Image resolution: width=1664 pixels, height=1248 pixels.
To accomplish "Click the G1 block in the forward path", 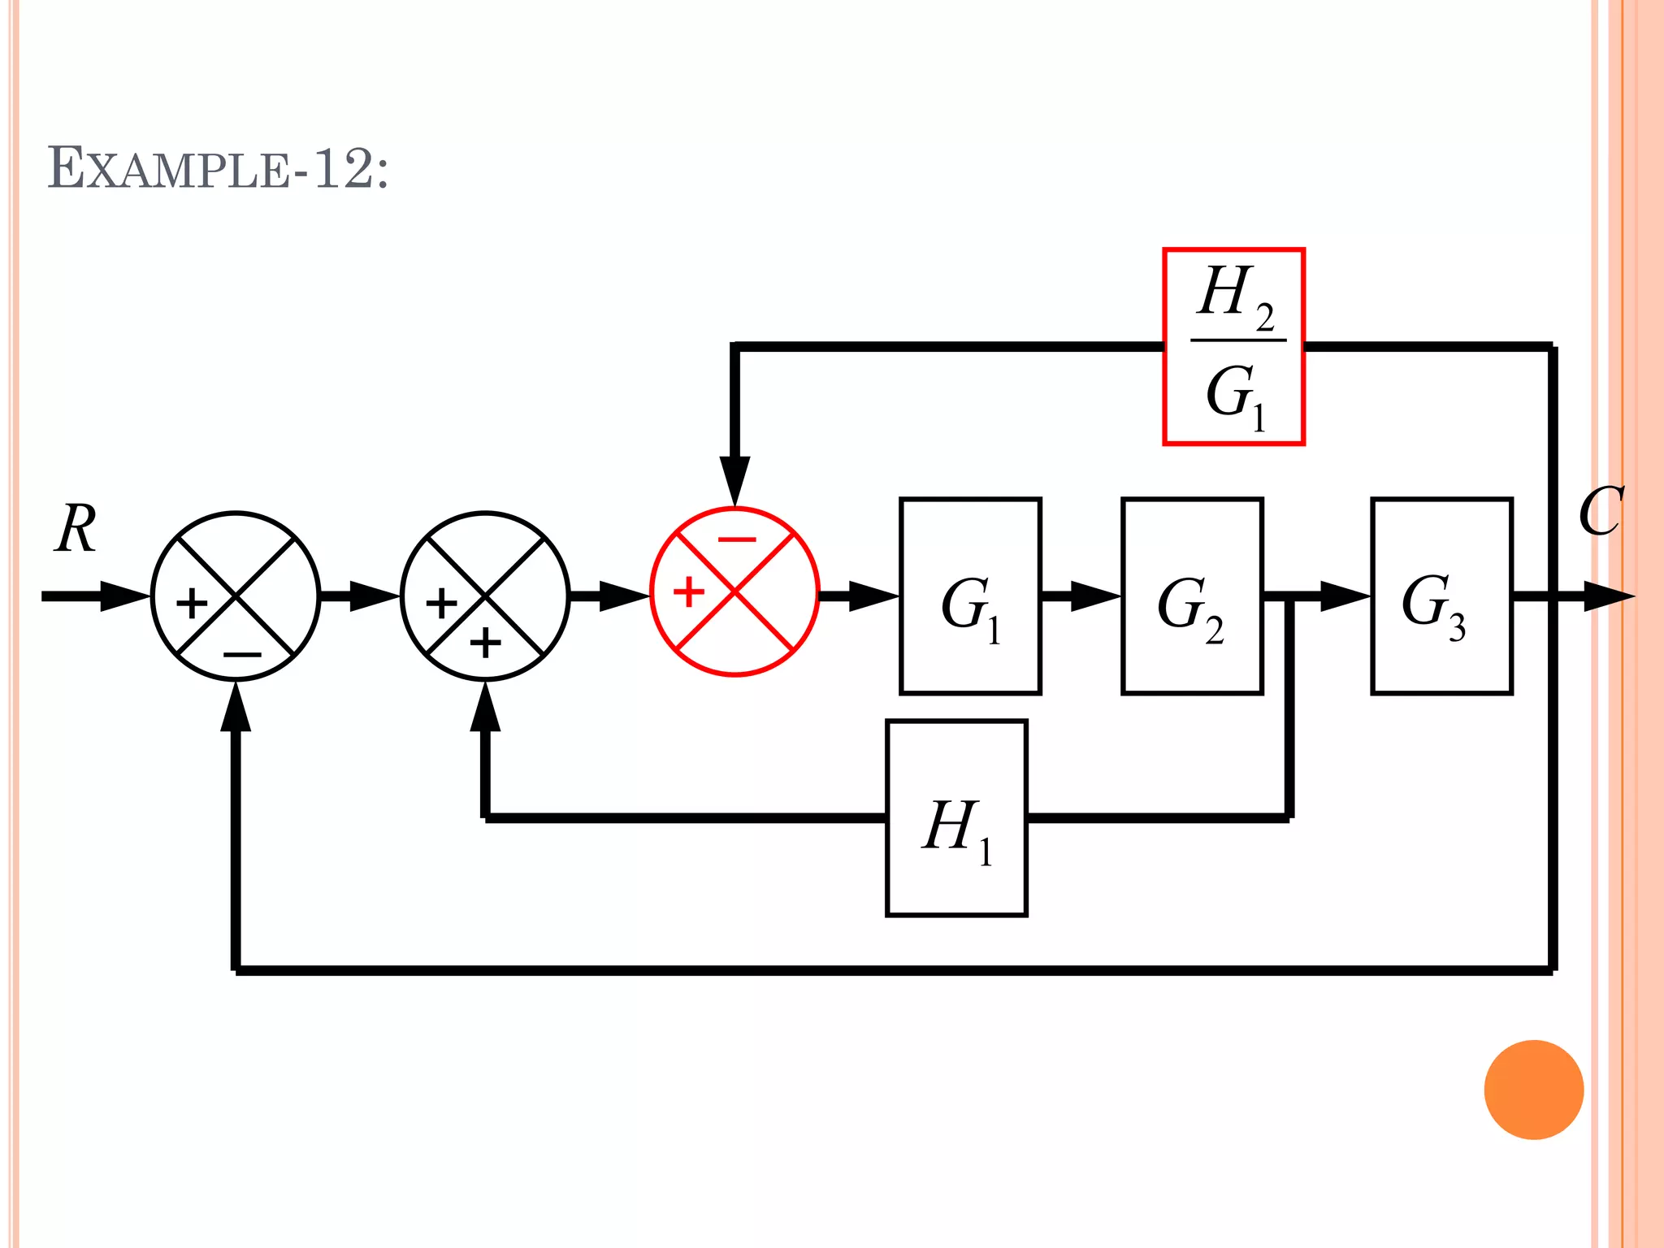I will tap(970, 596).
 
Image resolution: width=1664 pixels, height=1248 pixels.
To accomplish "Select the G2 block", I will tap(1191, 596).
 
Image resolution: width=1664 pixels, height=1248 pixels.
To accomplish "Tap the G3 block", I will tap(1441, 596).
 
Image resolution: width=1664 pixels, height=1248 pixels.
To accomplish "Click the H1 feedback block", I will tap(956, 817).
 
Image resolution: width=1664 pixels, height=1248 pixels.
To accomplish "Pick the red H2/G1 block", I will tap(1233, 347).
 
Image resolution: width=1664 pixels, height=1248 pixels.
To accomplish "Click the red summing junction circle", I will tap(734, 591).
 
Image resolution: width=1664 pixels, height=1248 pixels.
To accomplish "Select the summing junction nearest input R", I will tap(236, 596).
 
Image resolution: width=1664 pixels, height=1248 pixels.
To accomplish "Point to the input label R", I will tap(76, 528).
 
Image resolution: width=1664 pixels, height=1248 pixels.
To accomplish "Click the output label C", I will tap(1600, 512).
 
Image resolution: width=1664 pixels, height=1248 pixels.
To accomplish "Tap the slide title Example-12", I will tap(218, 169).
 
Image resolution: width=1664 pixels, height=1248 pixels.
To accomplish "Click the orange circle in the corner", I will tap(1533, 1090).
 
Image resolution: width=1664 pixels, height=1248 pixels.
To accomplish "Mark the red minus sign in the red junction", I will tap(737, 539).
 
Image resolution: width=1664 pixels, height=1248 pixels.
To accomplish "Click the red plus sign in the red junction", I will tap(688, 591).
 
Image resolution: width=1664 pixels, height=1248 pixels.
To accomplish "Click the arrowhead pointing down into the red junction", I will tap(734, 479).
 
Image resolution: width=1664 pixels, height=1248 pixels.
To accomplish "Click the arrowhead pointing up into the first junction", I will tap(236, 707).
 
